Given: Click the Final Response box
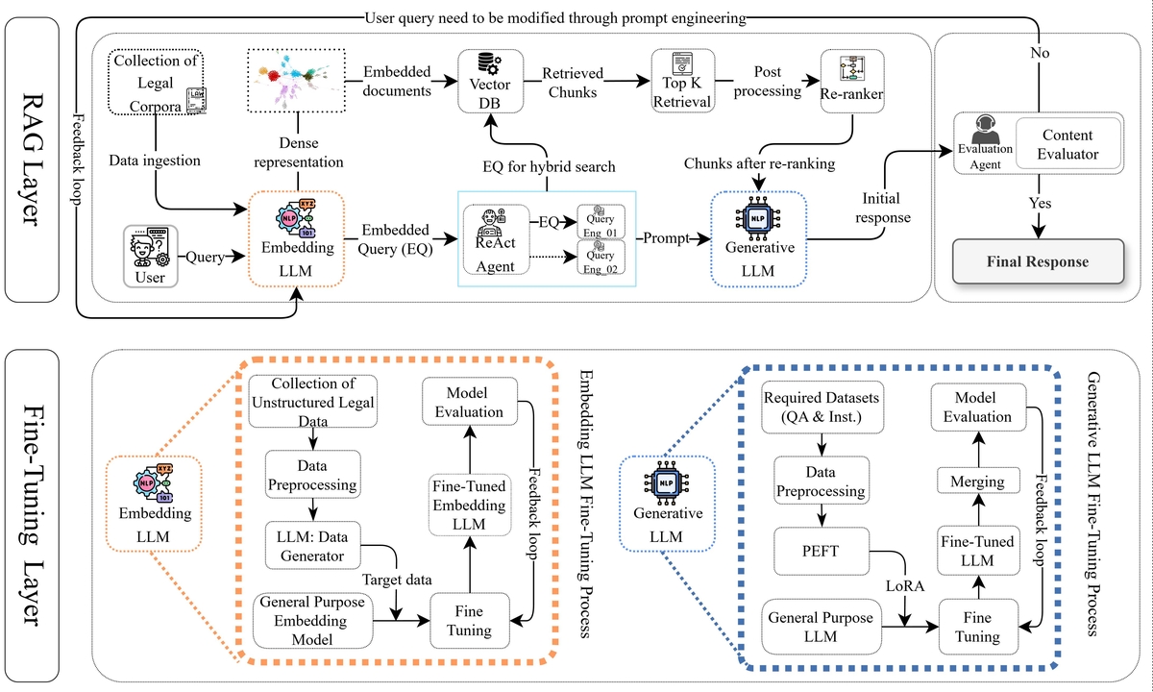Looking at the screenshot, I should (1038, 261).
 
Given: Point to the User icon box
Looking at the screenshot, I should (150, 255).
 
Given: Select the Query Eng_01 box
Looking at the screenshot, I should (601, 221).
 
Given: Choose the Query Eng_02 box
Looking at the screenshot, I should (601, 257).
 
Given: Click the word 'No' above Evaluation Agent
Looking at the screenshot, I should (1039, 54).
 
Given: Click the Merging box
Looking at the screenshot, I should (975, 481).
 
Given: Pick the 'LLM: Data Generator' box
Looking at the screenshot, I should (309, 546).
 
